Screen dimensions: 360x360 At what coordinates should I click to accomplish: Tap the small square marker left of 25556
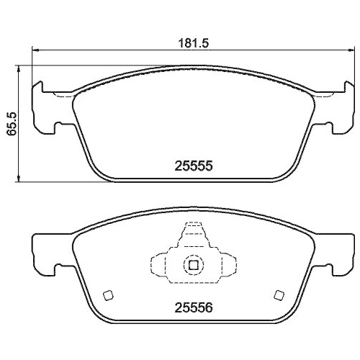click(108, 294)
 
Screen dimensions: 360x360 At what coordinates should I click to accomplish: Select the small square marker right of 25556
click(278, 294)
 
